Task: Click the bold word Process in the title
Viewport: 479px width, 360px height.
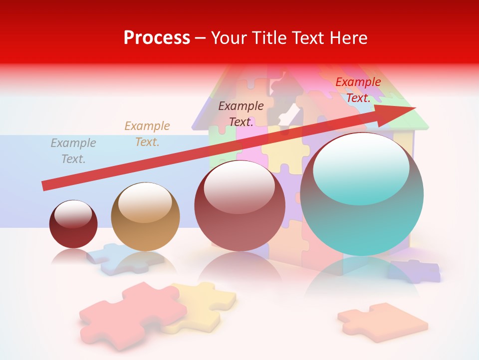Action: [x=157, y=37]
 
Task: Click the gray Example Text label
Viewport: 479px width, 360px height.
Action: [x=73, y=151]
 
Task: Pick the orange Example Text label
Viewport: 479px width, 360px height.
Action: [x=147, y=134]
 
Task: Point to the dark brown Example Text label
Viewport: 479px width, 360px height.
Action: [x=241, y=113]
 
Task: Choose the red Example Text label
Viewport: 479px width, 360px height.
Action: [x=358, y=90]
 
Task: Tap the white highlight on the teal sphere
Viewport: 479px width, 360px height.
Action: [x=361, y=162]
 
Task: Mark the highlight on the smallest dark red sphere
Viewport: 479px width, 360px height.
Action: [x=73, y=214]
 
